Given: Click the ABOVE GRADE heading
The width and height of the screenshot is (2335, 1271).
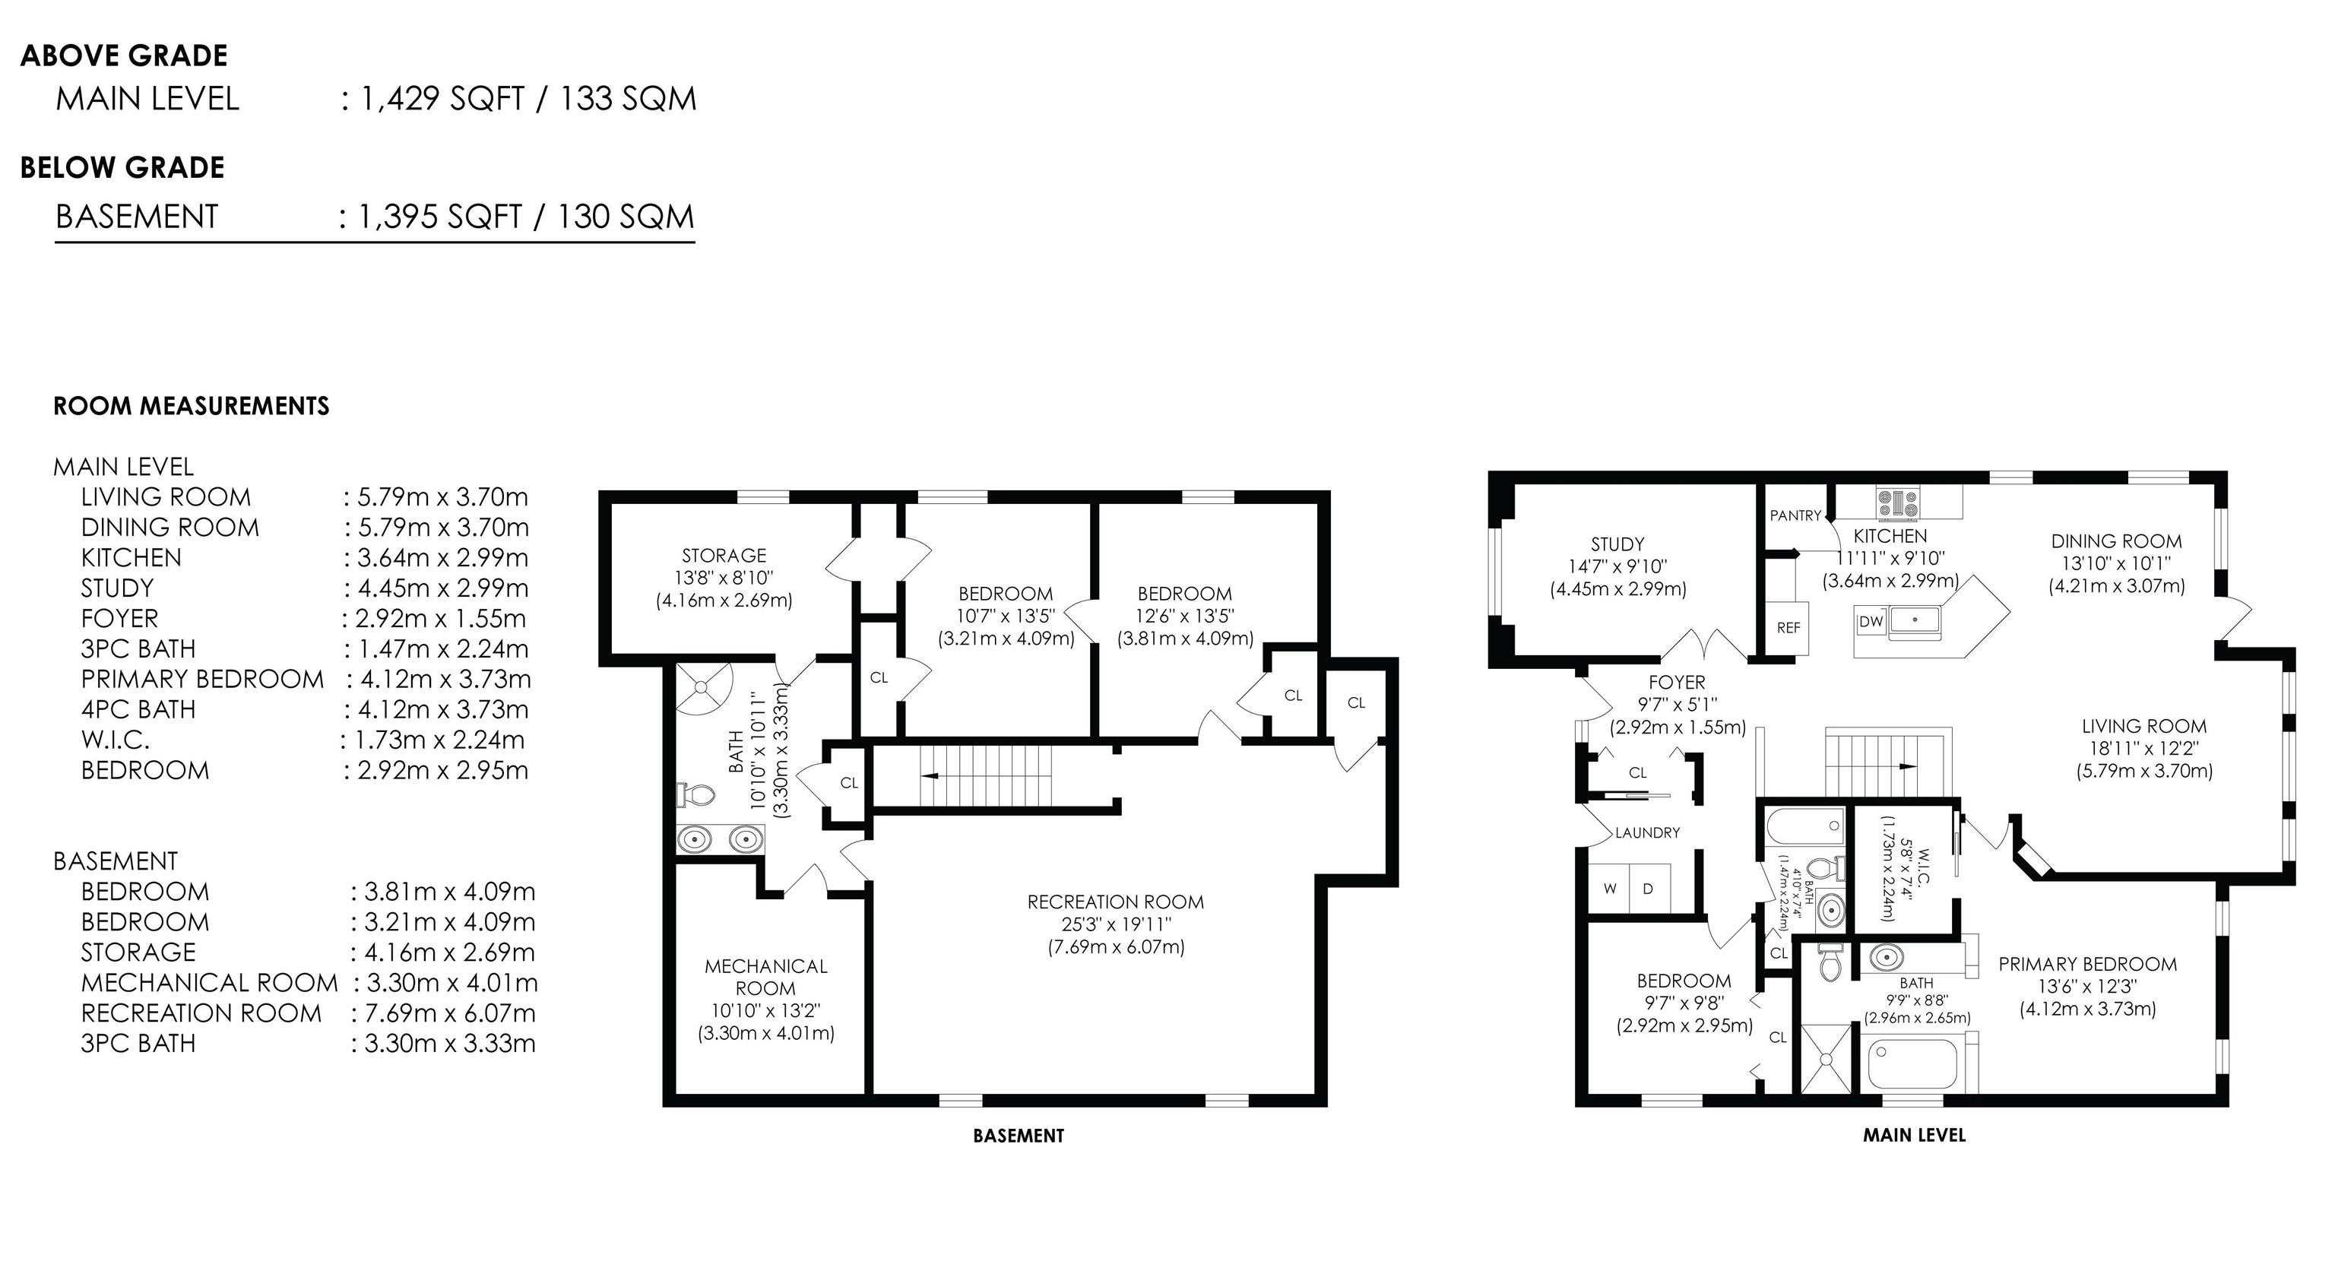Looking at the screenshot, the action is click(123, 55).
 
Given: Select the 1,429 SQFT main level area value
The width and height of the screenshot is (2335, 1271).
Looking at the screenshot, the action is click(442, 99).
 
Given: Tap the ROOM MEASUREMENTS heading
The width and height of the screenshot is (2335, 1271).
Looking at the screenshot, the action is click(192, 405).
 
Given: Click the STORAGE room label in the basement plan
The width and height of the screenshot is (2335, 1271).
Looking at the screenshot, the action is click(724, 555).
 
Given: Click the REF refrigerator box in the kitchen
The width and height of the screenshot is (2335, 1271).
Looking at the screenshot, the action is click(1788, 627).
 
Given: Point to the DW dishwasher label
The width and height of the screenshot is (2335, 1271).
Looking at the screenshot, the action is click(1871, 622).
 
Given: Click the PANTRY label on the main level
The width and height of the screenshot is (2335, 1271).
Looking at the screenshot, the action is click(1795, 515).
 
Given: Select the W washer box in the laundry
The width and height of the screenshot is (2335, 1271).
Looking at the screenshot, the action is click(1610, 889).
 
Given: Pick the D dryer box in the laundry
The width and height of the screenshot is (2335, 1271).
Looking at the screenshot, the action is click(1648, 889).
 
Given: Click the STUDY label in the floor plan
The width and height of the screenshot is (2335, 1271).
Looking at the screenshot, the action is click(1618, 544).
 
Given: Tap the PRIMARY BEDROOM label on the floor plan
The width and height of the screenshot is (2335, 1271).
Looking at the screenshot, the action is click(2087, 964).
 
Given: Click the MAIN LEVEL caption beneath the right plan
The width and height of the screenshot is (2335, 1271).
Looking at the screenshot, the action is click(1915, 1134).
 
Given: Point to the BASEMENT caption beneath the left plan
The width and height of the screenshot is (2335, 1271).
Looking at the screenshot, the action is click(1019, 1135).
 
